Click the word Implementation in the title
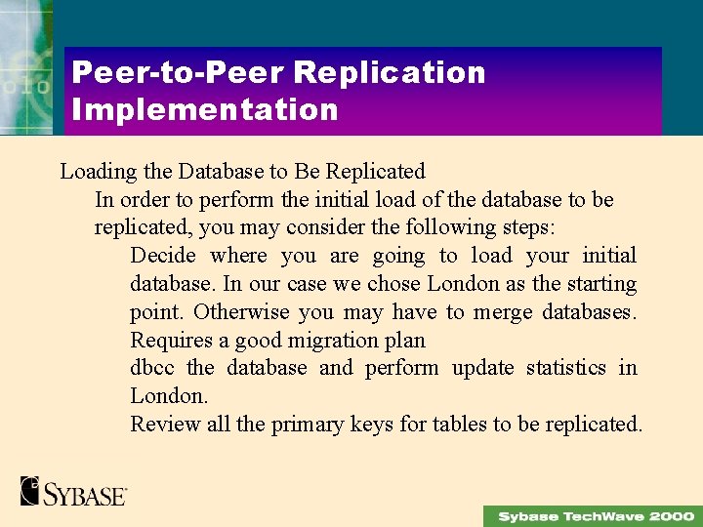[205, 108]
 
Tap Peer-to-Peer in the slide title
[177, 72]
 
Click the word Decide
[163, 256]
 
